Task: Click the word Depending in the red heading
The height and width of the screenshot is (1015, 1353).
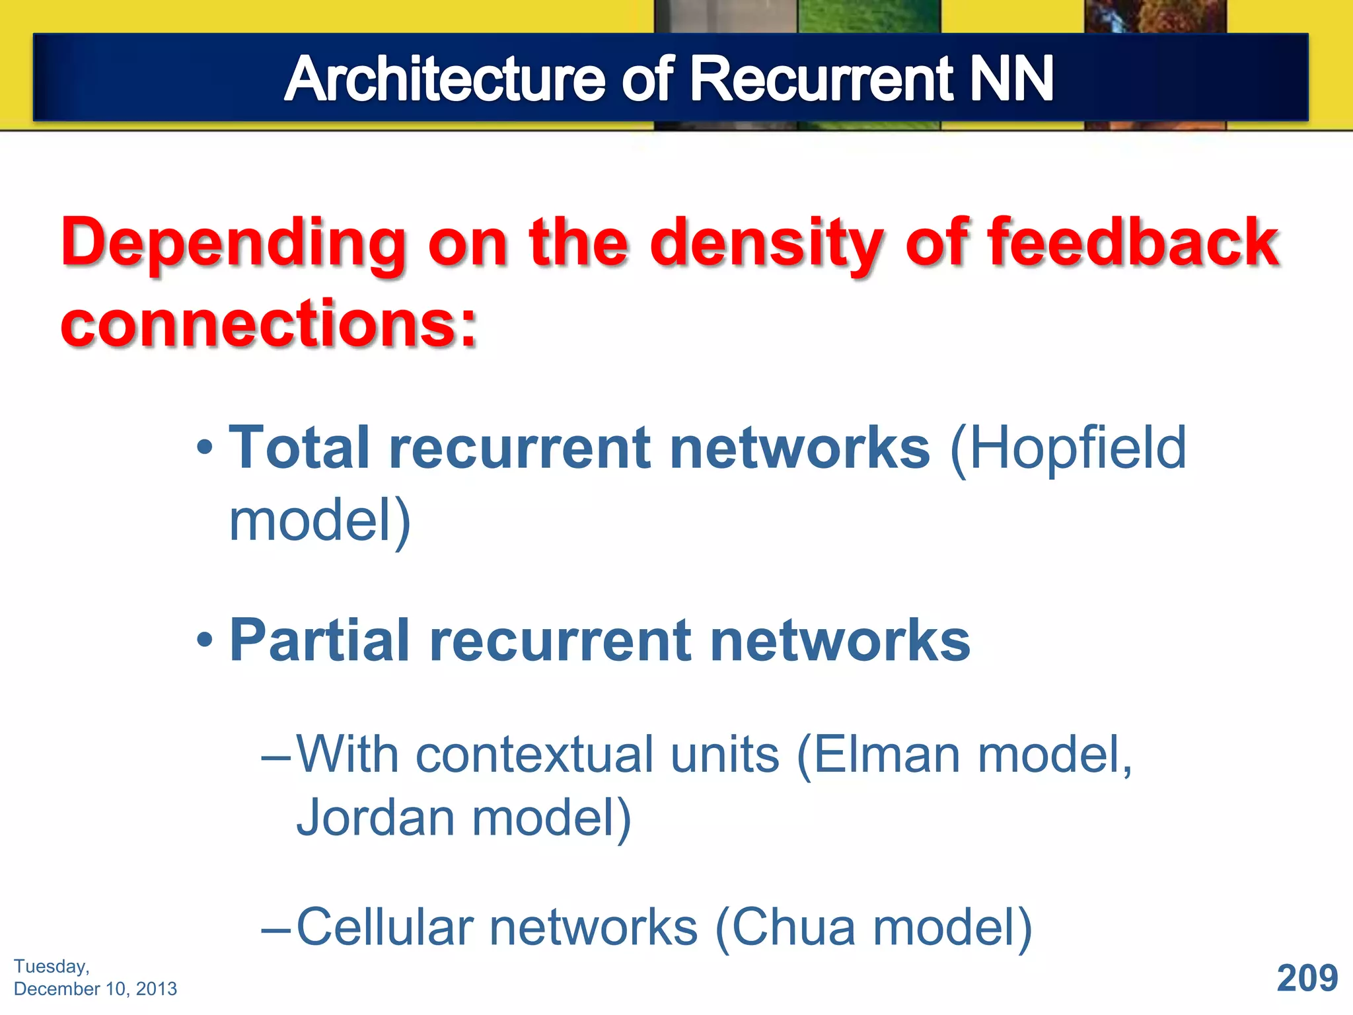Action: [x=233, y=244]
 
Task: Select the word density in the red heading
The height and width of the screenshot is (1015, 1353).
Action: [x=766, y=244]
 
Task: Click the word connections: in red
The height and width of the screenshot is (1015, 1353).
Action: [x=268, y=324]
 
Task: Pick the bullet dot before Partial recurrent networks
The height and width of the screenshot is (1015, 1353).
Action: [x=205, y=640]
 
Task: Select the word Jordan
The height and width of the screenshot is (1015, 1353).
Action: [x=375, y=818]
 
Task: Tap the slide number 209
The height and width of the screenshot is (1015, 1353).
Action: [x=1307, y=978]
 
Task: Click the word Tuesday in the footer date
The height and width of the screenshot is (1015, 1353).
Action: [x=50, y=966]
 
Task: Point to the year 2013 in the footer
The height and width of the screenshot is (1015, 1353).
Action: [x=156, y=989]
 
